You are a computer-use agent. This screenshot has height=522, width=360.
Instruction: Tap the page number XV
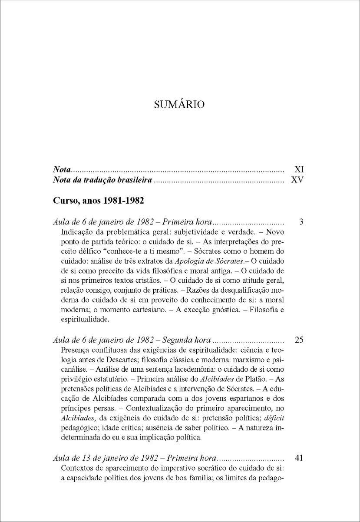297,179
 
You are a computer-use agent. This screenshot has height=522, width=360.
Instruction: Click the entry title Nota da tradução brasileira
102,179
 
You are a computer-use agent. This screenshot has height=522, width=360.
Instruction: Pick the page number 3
301,222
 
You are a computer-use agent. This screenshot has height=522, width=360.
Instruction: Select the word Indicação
79,232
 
